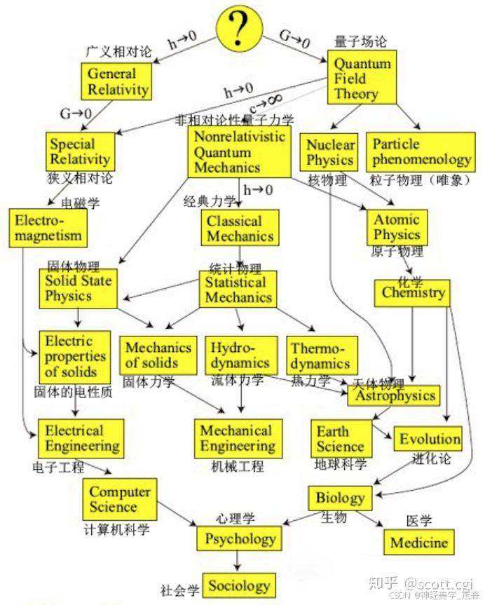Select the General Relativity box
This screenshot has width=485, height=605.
[x=118, y=82]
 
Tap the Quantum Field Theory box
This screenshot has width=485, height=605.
[x=362, y=78]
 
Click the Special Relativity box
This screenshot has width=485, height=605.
[x=79, y=151]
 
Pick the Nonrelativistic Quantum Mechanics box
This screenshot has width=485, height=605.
[x=239, y=151]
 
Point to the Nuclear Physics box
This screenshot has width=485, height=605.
[x=330, y=152]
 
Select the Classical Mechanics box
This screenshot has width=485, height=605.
[x=240, y=228]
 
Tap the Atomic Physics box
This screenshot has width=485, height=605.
[x=397, y=227]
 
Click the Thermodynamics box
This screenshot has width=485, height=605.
[x=321, y=355]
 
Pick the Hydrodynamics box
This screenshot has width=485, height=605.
[x=240, y=355]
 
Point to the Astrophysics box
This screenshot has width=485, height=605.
[x=395, y=395]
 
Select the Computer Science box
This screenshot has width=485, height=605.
[x=120, y=499]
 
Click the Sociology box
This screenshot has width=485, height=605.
[x=239, y=585]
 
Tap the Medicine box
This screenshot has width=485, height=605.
[x=418, y=542]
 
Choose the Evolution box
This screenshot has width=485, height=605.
[x=430, y=439]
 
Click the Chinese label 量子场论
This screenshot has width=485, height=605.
[x=360, y=42]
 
